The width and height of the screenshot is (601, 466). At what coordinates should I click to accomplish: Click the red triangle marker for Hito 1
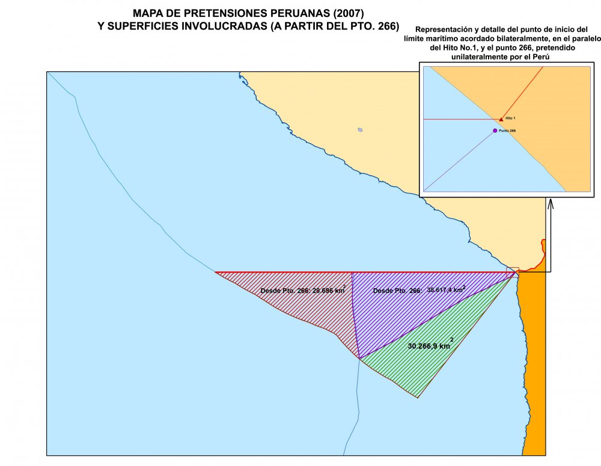point(501,120)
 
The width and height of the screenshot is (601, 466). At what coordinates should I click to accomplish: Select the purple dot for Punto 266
point(495,130)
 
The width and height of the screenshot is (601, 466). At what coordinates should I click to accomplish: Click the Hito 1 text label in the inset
point(510,119)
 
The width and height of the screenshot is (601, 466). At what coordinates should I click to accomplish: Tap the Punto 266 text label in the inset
point(508,130)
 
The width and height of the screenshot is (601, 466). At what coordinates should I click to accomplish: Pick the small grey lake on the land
point(360,129)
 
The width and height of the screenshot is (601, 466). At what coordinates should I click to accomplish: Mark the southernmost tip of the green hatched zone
point(418,397)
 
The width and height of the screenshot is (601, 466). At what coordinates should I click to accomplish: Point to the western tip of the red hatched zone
point(216,273)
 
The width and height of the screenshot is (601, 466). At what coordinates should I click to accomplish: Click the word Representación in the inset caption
point(444,29)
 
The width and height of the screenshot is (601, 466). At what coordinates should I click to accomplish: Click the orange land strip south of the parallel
point(532,360)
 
